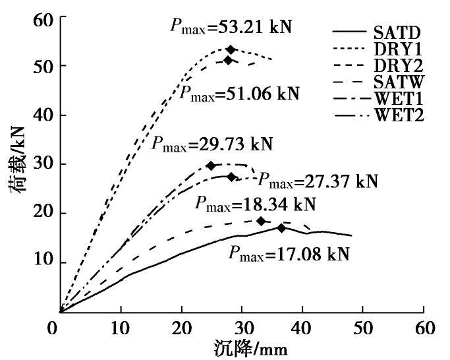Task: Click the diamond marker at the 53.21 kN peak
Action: [x=231, y=49]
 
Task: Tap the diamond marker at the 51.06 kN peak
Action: [x=229, y=60]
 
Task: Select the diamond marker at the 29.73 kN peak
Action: [x=211, y=165]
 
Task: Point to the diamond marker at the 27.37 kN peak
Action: [x=231, y=177]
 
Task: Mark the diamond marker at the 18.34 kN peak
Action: [x=261, y=221]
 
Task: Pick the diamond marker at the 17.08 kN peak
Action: [x=281, y=228]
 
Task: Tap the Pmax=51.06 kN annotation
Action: [x=240, y=93]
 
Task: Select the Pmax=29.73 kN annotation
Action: [x=211, y=144]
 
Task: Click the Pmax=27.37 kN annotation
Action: [x=318, y=181]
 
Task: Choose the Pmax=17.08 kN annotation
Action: [x=289, y=252]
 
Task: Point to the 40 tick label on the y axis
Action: [x=41, y=115]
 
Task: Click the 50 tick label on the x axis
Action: [x=364, y=328]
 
